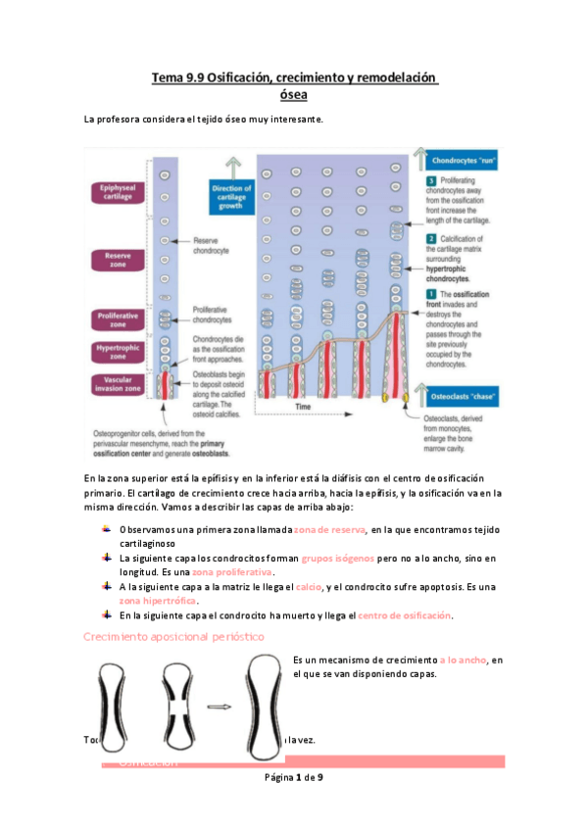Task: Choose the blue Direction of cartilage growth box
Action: click(x=231, y=197)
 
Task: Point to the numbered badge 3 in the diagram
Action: click(x=430, y=182)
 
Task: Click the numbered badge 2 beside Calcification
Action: click(x=430, y=238)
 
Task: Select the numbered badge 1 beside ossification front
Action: click(x=430, y=294)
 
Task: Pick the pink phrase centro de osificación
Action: click(x=405, y=614)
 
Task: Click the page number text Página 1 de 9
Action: click(x=293, y=777)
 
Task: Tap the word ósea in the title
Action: click(x=293, y=94)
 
